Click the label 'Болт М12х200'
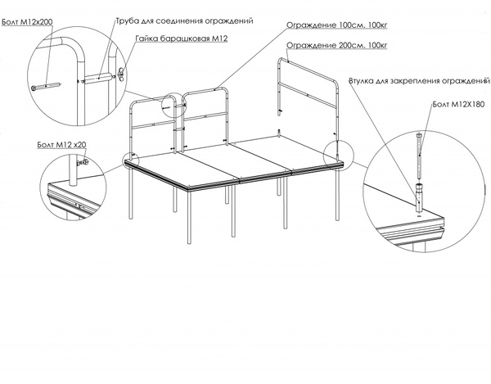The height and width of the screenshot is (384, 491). click(x=27, y=22)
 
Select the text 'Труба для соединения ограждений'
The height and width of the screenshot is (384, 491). click(x=184, y=21)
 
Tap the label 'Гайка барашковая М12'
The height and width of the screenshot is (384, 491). click(x=182, y=38)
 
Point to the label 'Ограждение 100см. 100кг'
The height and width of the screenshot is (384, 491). click(x=337, y=25)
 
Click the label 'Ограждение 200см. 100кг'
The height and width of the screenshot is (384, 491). click(x=337, y=45)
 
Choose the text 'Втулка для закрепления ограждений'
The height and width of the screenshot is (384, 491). click(x=419, y=81)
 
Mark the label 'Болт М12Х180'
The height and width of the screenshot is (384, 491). click(x=458, y=104)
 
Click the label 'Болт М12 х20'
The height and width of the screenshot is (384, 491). click(x=61, y=145)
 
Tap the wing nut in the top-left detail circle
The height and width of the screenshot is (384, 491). click(x=121, y=73)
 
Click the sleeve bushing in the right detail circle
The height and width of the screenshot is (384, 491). click(x=419, y=198)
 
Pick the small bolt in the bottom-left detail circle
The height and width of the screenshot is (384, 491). click(x=82, y=162)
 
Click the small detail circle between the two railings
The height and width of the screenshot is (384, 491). click(x=173, y=106)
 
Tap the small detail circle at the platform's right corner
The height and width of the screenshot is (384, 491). click(x=338, y=156)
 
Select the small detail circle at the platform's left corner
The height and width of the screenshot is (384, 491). click(x=131, y=160)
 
